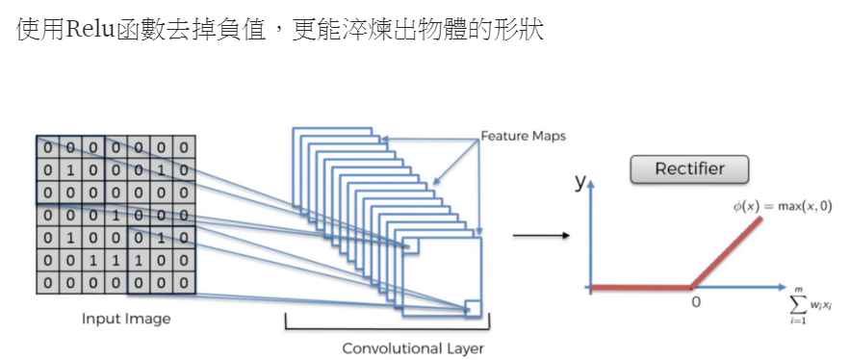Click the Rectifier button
click(688, 169)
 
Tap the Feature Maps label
click(524, 137)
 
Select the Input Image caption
click(126, 319)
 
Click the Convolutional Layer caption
click(413, 347)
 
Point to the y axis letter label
click(580, 181)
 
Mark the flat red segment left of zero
click(640, 286)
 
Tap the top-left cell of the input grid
click(47, 147)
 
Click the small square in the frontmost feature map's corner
click(472, 307)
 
